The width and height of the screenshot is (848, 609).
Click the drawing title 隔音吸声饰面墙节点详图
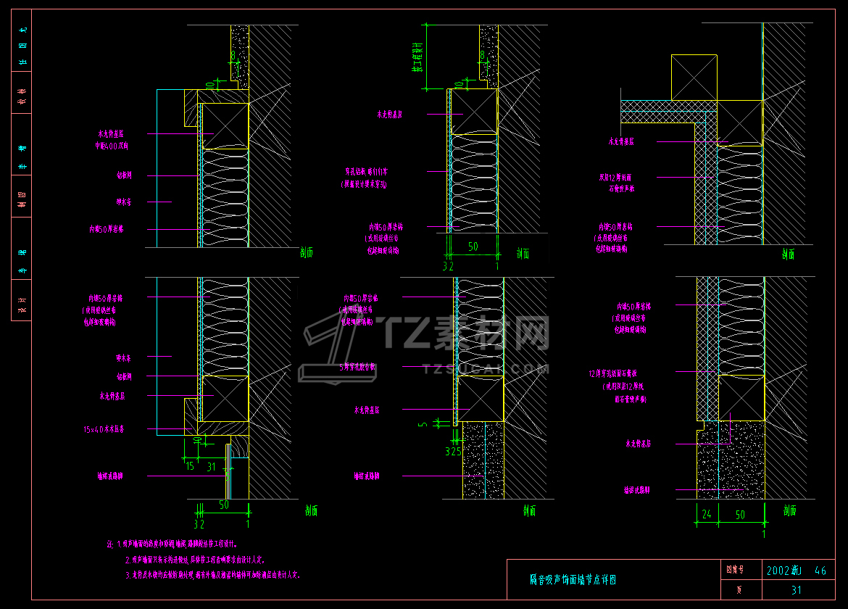point(573,580)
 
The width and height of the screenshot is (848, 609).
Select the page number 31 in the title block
point(797,590)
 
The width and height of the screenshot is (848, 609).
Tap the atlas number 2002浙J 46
point(796,571)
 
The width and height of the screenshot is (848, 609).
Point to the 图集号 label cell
point(735,571)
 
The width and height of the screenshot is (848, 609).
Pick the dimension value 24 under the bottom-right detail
point(706,515)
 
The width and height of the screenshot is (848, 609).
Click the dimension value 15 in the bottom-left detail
point(190,466)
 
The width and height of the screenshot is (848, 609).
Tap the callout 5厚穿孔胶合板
point(358,367)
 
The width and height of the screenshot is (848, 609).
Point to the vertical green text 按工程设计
point(417,57)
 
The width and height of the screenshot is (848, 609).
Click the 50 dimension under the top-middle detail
point(473,247)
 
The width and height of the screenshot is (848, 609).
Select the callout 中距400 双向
point(112,146)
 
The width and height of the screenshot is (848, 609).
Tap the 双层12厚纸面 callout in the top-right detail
point(615,177)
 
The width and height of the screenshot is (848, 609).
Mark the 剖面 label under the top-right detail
point(789,254)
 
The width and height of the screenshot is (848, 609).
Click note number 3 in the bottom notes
point(128,575)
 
